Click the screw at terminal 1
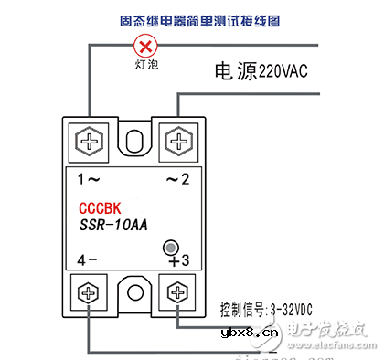90,141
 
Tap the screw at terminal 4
90,294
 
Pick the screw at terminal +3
176,294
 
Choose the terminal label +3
177,260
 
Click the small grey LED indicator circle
170,247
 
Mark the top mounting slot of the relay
134,142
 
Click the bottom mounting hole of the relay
133,293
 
